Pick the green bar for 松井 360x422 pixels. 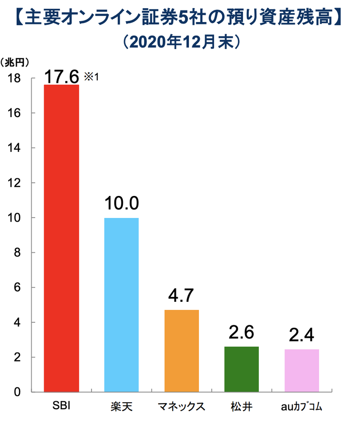click(242, 369)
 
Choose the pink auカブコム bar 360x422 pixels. click(302, 370)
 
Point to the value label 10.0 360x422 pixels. click(121, 204)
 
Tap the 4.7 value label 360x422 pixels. click(181, 296)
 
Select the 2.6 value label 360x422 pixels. click(242, 333)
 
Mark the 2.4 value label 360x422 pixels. click(302, 336)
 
